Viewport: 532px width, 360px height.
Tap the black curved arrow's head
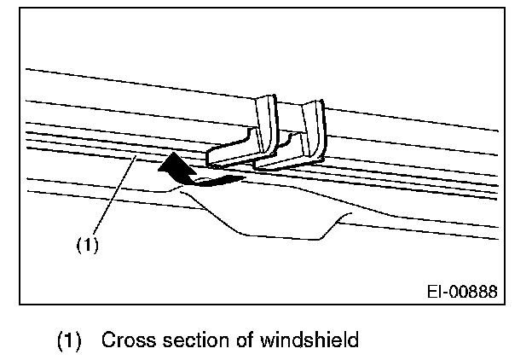173,163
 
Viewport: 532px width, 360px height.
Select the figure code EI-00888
461,293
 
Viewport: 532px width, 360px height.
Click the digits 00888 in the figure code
473,293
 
